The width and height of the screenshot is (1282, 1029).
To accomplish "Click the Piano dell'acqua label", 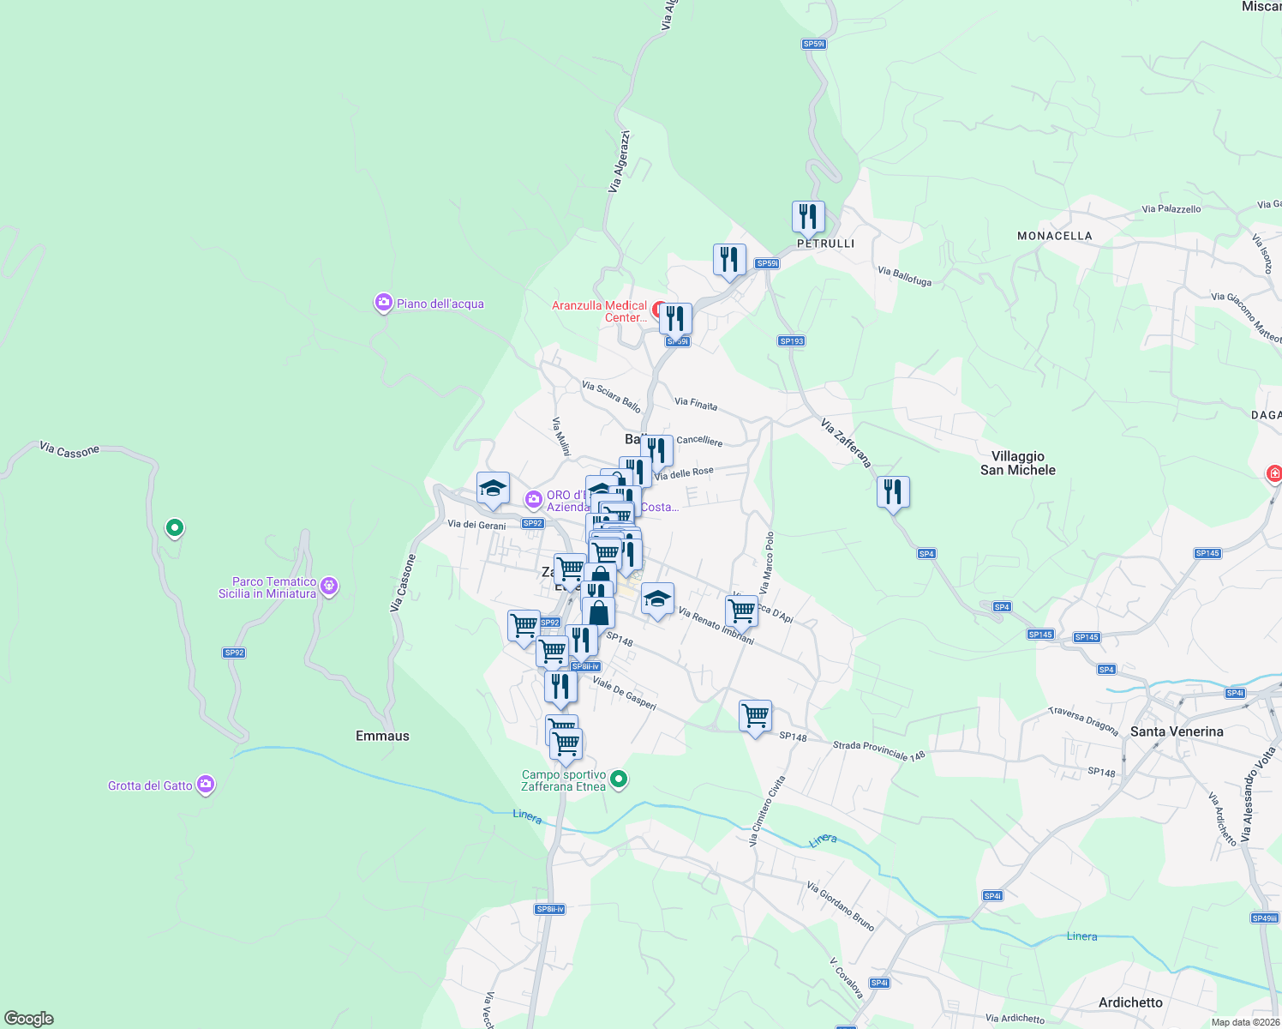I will click(x=440, y=304).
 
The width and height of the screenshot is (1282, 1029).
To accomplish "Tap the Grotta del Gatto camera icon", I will click(x=205, y=784).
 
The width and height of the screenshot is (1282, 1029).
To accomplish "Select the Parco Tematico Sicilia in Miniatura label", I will click(x=267, y=587).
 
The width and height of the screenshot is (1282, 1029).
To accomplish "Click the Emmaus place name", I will click(x=382, y=736).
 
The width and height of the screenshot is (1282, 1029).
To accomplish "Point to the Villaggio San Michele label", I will click(x=1018, y=463).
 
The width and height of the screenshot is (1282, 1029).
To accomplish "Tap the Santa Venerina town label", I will click(x=1177, y=731).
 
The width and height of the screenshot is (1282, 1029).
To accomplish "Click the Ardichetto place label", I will click(x=1130, y=1002).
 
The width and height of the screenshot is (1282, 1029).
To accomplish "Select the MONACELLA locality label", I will click(x=1054, y=236).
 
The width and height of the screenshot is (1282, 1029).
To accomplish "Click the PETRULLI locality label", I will click(x=825, y=244).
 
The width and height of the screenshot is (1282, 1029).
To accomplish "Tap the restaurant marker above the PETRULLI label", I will click(x=808, y=217).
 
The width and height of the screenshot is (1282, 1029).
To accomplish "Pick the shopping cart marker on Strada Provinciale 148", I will click(x=755, y=716).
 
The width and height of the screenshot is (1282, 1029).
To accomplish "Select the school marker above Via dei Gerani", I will click(x=493, y=489).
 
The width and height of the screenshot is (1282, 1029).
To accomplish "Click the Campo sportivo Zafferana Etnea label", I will click(x=563, y=780).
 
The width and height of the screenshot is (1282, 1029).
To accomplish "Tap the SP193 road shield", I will click(x=791, y=341).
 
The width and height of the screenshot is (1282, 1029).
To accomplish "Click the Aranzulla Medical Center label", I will click(x=600, y=311).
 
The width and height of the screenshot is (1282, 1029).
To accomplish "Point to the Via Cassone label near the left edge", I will click(x=69, y=449).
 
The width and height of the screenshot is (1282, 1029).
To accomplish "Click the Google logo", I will click(x=29, y=1019).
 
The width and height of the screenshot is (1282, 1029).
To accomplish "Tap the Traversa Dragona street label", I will click(x=1083, y=721).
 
